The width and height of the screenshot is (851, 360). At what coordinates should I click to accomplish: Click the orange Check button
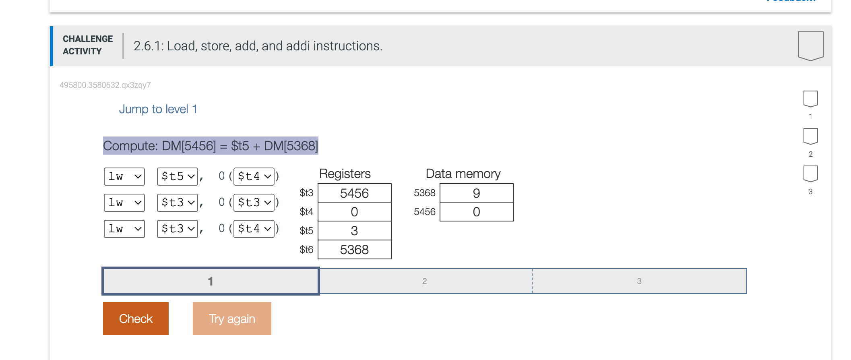136,318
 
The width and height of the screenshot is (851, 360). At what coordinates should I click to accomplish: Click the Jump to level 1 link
158,109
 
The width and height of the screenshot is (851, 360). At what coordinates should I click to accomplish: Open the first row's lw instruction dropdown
124,176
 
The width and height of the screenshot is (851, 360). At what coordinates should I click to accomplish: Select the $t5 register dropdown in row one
177,176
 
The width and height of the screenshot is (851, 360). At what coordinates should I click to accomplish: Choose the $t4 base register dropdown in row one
254,176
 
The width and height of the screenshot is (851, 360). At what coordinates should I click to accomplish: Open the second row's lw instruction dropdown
124,203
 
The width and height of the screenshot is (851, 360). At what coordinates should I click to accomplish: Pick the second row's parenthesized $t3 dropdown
254,203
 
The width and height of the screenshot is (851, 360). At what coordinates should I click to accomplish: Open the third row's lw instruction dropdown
124,229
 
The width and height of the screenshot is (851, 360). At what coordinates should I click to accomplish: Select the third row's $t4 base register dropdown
254,229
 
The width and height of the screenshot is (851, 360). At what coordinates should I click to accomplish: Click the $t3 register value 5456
354,193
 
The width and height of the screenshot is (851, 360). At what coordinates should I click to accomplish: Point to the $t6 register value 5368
354,250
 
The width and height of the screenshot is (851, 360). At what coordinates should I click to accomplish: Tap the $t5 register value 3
354,231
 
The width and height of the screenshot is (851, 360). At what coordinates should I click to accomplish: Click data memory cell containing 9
476,193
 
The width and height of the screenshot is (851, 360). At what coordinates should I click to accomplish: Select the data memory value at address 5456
476,212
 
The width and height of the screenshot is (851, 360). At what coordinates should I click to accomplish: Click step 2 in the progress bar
425,281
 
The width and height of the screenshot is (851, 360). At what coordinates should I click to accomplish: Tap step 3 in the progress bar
639,281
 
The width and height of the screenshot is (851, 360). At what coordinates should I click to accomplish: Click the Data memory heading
463,174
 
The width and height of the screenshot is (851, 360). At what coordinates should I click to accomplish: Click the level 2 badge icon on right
810,137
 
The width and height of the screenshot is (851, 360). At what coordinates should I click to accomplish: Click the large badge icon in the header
810,46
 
